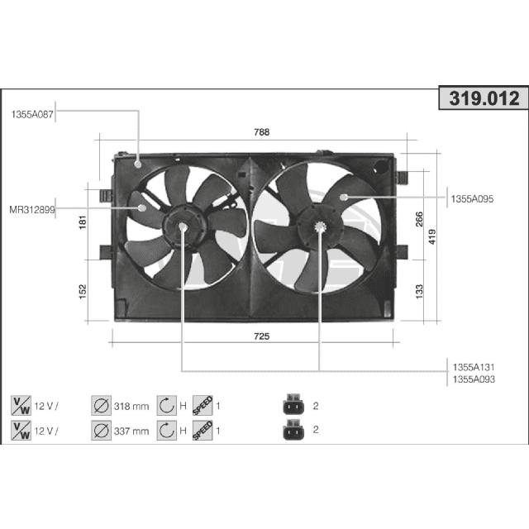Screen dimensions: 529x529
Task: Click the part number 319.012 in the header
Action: point(484,99)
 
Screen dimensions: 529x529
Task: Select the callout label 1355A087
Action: point(32,115)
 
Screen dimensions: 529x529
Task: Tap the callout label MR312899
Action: point(31,210)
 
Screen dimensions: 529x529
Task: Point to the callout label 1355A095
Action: point(473,198)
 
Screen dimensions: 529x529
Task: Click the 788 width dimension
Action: point(261,132)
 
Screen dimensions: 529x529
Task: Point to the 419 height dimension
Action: point(432,236)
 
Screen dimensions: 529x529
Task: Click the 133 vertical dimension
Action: point(419,290)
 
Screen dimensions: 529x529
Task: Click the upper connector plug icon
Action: point(291,406)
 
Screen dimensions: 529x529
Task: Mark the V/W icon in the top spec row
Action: point(21,406)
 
